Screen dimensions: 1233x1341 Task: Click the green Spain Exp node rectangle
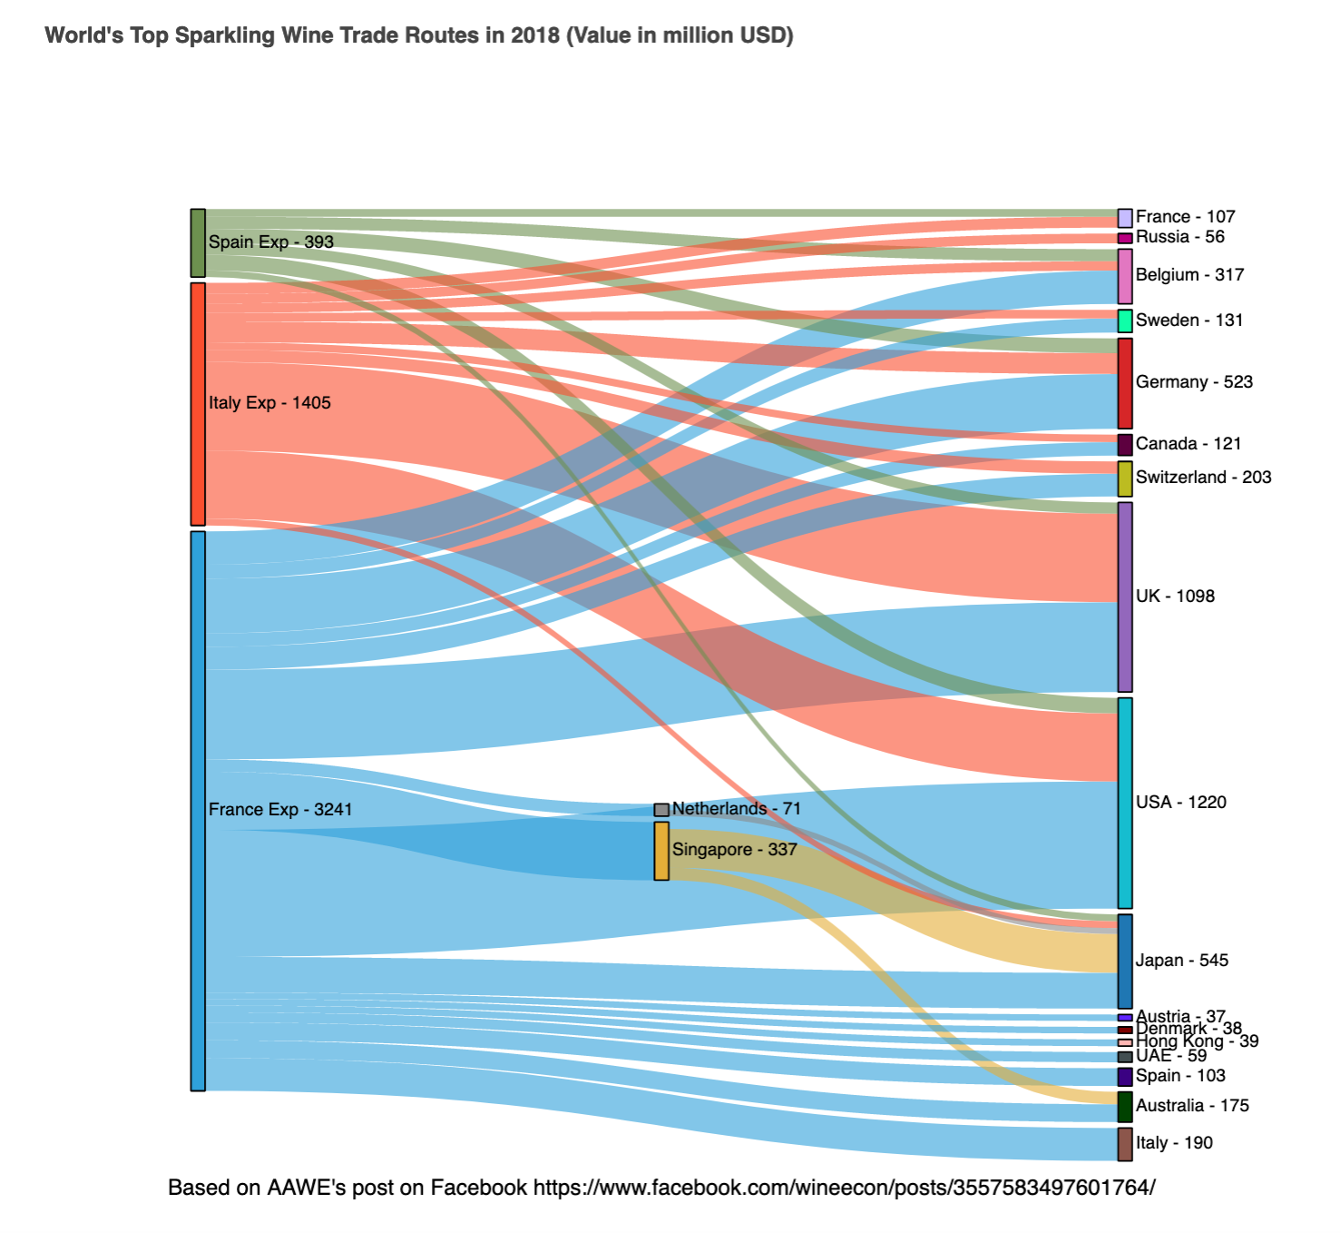click(198, 242)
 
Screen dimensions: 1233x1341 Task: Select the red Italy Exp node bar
click(198, 403)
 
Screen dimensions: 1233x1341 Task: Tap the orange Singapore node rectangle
click(661, 851)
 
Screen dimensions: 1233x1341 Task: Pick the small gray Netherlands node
click(661, 809)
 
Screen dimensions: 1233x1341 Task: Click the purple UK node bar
click(1125, 597)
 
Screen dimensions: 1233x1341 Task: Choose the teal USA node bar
click(1125, 803)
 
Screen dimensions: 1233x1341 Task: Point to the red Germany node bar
click(1125, 383)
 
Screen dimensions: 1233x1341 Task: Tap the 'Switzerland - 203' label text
click(1203, 478)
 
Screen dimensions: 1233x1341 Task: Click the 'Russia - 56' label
click(1179, 237)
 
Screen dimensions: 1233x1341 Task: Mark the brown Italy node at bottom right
click(1125, 1144)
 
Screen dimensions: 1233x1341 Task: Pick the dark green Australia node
click(1125, 1107)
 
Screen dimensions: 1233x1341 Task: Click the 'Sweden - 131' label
click(1189, 321)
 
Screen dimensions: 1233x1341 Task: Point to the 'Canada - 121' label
click(1189, 444)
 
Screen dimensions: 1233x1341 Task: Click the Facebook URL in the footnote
click(844, 1188)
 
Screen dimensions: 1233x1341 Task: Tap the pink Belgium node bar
click(1125, 276)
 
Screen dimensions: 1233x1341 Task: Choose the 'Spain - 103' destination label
click(1180, 1076)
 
